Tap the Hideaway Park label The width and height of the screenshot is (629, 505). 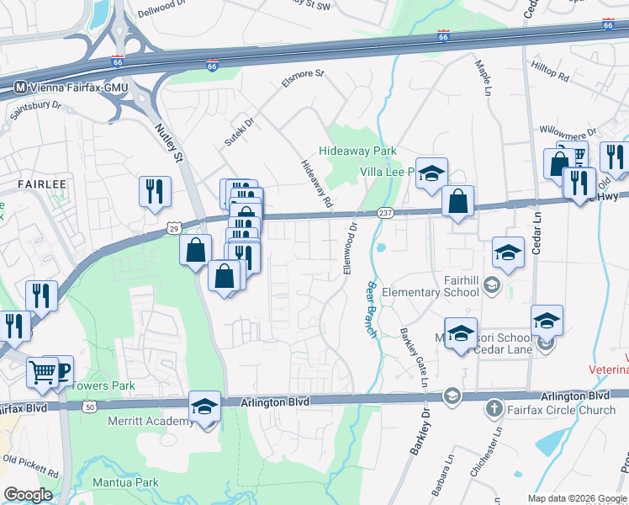(x=357, y=151)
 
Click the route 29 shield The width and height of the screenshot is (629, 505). (x=173, y=228)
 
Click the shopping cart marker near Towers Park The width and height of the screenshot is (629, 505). (x=41, y=371)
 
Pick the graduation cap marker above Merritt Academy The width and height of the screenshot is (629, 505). (x=204, y=407)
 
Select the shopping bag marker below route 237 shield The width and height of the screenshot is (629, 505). (x=457, y=202)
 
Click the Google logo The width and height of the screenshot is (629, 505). (x=27, y=495)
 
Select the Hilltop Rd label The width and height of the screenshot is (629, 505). (x=550, y=70)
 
